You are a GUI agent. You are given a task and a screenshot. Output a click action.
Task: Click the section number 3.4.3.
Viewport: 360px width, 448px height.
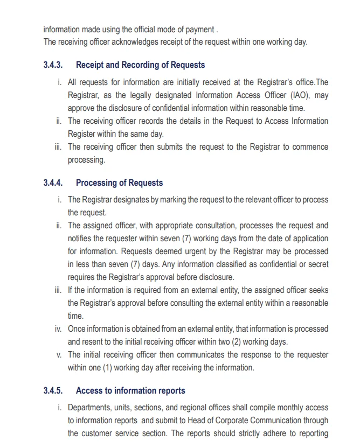coord(53,65)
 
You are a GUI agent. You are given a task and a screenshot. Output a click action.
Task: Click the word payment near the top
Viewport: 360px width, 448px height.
coord(196,30)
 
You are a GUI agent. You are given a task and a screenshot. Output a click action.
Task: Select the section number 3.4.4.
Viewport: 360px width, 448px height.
coord(53,183)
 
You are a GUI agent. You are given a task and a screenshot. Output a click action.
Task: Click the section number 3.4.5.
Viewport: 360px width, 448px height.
coord(53,391)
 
